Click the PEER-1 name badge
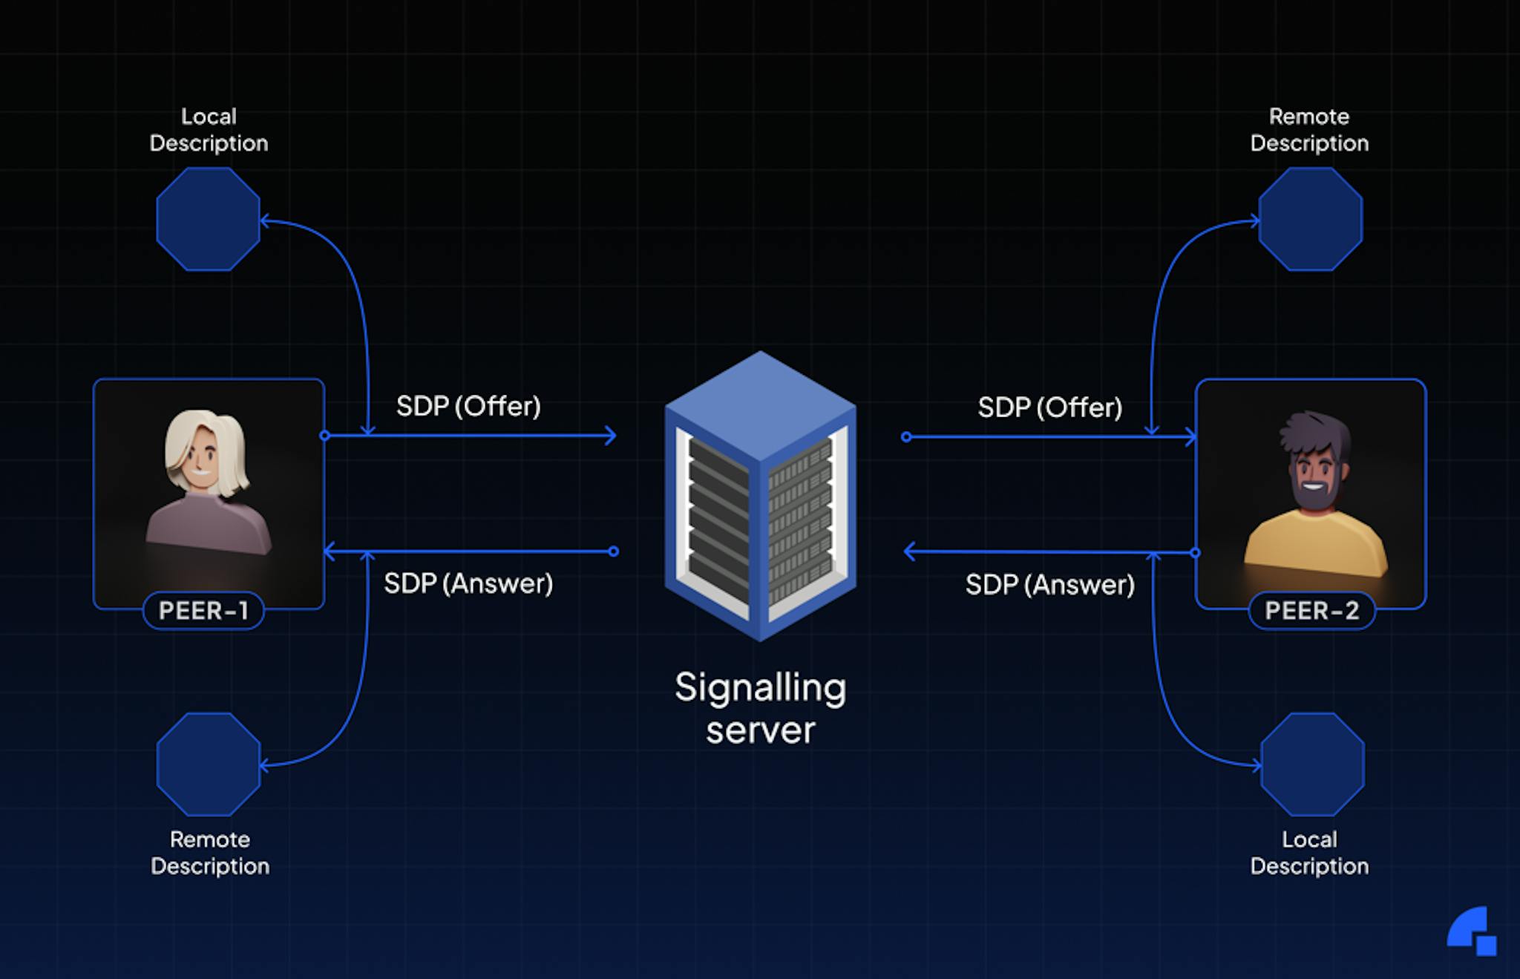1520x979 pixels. tap(203, 610)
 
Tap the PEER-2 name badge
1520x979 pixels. tap(1311, 610)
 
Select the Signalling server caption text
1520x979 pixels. tap(760, 708)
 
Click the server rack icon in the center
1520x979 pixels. tap(760, 496)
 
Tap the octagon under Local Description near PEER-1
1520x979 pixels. tap(208, 219)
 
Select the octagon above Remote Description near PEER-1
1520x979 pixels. tap(209, 764)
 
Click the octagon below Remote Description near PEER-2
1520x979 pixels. tap(1311, 219)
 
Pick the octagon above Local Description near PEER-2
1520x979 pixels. tap(1312, 764)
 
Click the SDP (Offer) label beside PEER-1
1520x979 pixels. tap(468, 406)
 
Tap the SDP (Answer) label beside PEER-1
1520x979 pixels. tap(468, 583)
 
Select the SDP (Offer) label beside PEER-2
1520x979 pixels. tap(1049, 407)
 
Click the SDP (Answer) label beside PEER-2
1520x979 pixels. tap(1049, 585)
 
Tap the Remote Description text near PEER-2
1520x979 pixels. tap(1309, 130)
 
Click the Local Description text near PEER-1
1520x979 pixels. tap(209, 130)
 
